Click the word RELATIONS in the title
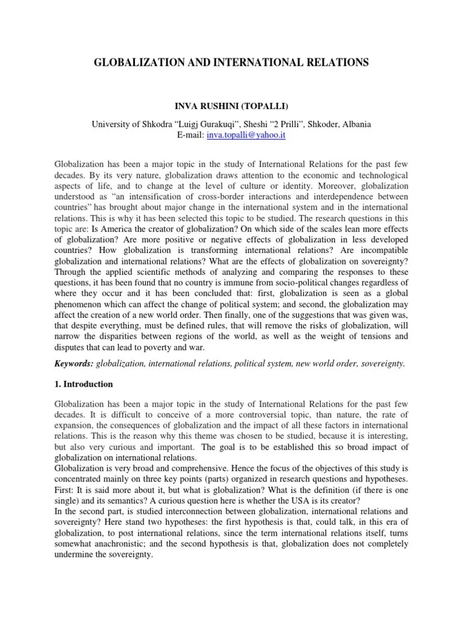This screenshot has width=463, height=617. pyautogui.click(x=335, y=61)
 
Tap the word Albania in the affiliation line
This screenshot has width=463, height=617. pyautogui.click(x=356, y=124)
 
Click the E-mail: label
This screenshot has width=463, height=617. pyautogui.click(x=190, y=135)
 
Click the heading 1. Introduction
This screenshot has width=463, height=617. pyautogui.click(x=83, y=384)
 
